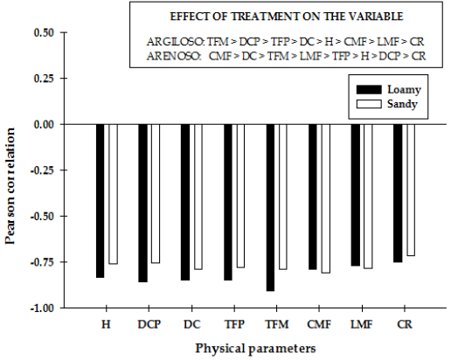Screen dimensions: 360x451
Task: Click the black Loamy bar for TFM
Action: (x=270, y=207)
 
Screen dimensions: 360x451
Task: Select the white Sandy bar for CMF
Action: (x=324, y=198)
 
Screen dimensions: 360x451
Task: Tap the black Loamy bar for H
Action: (x=101, y=201)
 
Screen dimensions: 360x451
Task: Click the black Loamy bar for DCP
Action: (x=142, y=203)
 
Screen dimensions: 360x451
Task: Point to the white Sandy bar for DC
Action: (x=197, y=197)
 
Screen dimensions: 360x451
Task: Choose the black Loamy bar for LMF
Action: (x=355, y=195)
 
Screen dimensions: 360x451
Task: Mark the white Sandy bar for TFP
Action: (x=239, y=196)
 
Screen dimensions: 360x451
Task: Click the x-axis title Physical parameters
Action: (x=255, y=348)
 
